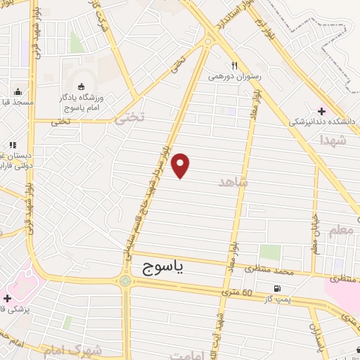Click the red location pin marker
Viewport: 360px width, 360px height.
[x=181, y=165]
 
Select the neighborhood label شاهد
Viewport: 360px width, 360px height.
[x=235, y=182]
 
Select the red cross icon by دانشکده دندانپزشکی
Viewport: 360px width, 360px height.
[x=322, y=110]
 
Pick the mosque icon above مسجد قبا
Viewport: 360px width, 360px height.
[x=18, y=91]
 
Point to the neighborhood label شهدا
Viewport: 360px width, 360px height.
[x=333, y=140]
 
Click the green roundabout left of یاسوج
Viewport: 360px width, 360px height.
[x=125, y=281]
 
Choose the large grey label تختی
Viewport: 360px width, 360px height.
[x=129, y=119]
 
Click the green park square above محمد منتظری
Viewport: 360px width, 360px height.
[x=269, y=252]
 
